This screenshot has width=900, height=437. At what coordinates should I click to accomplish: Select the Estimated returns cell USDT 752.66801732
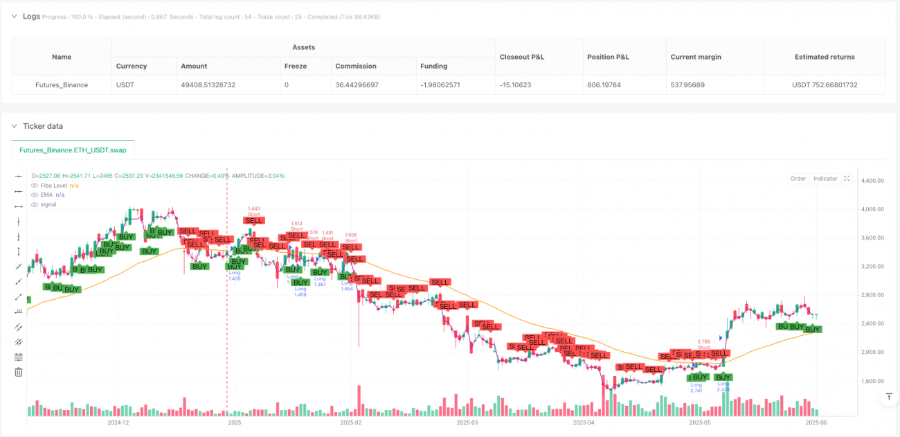pos(824,85)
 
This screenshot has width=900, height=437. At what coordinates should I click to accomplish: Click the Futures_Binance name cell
pos(62,85)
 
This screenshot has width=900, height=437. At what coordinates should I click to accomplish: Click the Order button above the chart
pos(798,179)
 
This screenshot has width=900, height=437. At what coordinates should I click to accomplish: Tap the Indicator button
pos(825,179)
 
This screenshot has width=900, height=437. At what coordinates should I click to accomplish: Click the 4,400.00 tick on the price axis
pos(872,181)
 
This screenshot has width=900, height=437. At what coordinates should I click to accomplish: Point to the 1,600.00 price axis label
pos(872,381)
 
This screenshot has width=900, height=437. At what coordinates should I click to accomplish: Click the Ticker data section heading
pos(43,126)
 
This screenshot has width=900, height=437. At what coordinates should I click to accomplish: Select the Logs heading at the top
pos(31,15)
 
